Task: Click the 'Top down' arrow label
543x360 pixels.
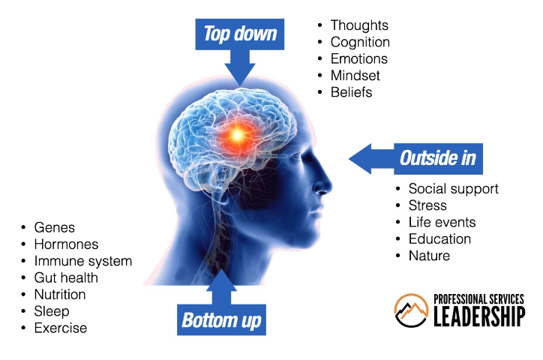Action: pyautogui.click(x=240, y=34)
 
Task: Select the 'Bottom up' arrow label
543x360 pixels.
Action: pyautogui.click(x=221, y=320)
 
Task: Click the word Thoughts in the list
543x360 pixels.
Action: pyautogui.click(x=359, y=26)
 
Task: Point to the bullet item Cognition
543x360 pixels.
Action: pyautogui.click(x=360, y=43)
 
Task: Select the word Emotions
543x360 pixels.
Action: pyautogui.click(x=358, y=59)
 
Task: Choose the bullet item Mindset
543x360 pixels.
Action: pyautogui.click(x=355, y=76)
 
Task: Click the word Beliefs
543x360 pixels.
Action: pyautogui.click(x=351, y=92)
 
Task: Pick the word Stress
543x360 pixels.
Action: pyautogui.click(x=427, y=205)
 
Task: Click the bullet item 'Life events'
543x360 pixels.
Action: pyautogui.click(x=442, y=223)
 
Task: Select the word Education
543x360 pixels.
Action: pyautogui.click(x=439, y=239)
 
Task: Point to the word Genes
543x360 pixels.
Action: pyautogui.click(x=55, y=228)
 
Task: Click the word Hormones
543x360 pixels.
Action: pyautogui.click(x=66, y=244)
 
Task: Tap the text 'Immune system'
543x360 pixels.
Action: pyautogui.click(x=82, y=261)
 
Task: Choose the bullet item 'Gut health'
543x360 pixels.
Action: pyautogui.click(x=66, y=277)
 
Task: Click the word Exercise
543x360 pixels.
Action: pyautogui.click(x=61, y=328)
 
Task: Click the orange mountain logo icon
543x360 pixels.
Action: pyautogui.click(x=411, y=310)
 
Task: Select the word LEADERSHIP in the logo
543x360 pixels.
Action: pyautogui.click(x=479, y=317)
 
